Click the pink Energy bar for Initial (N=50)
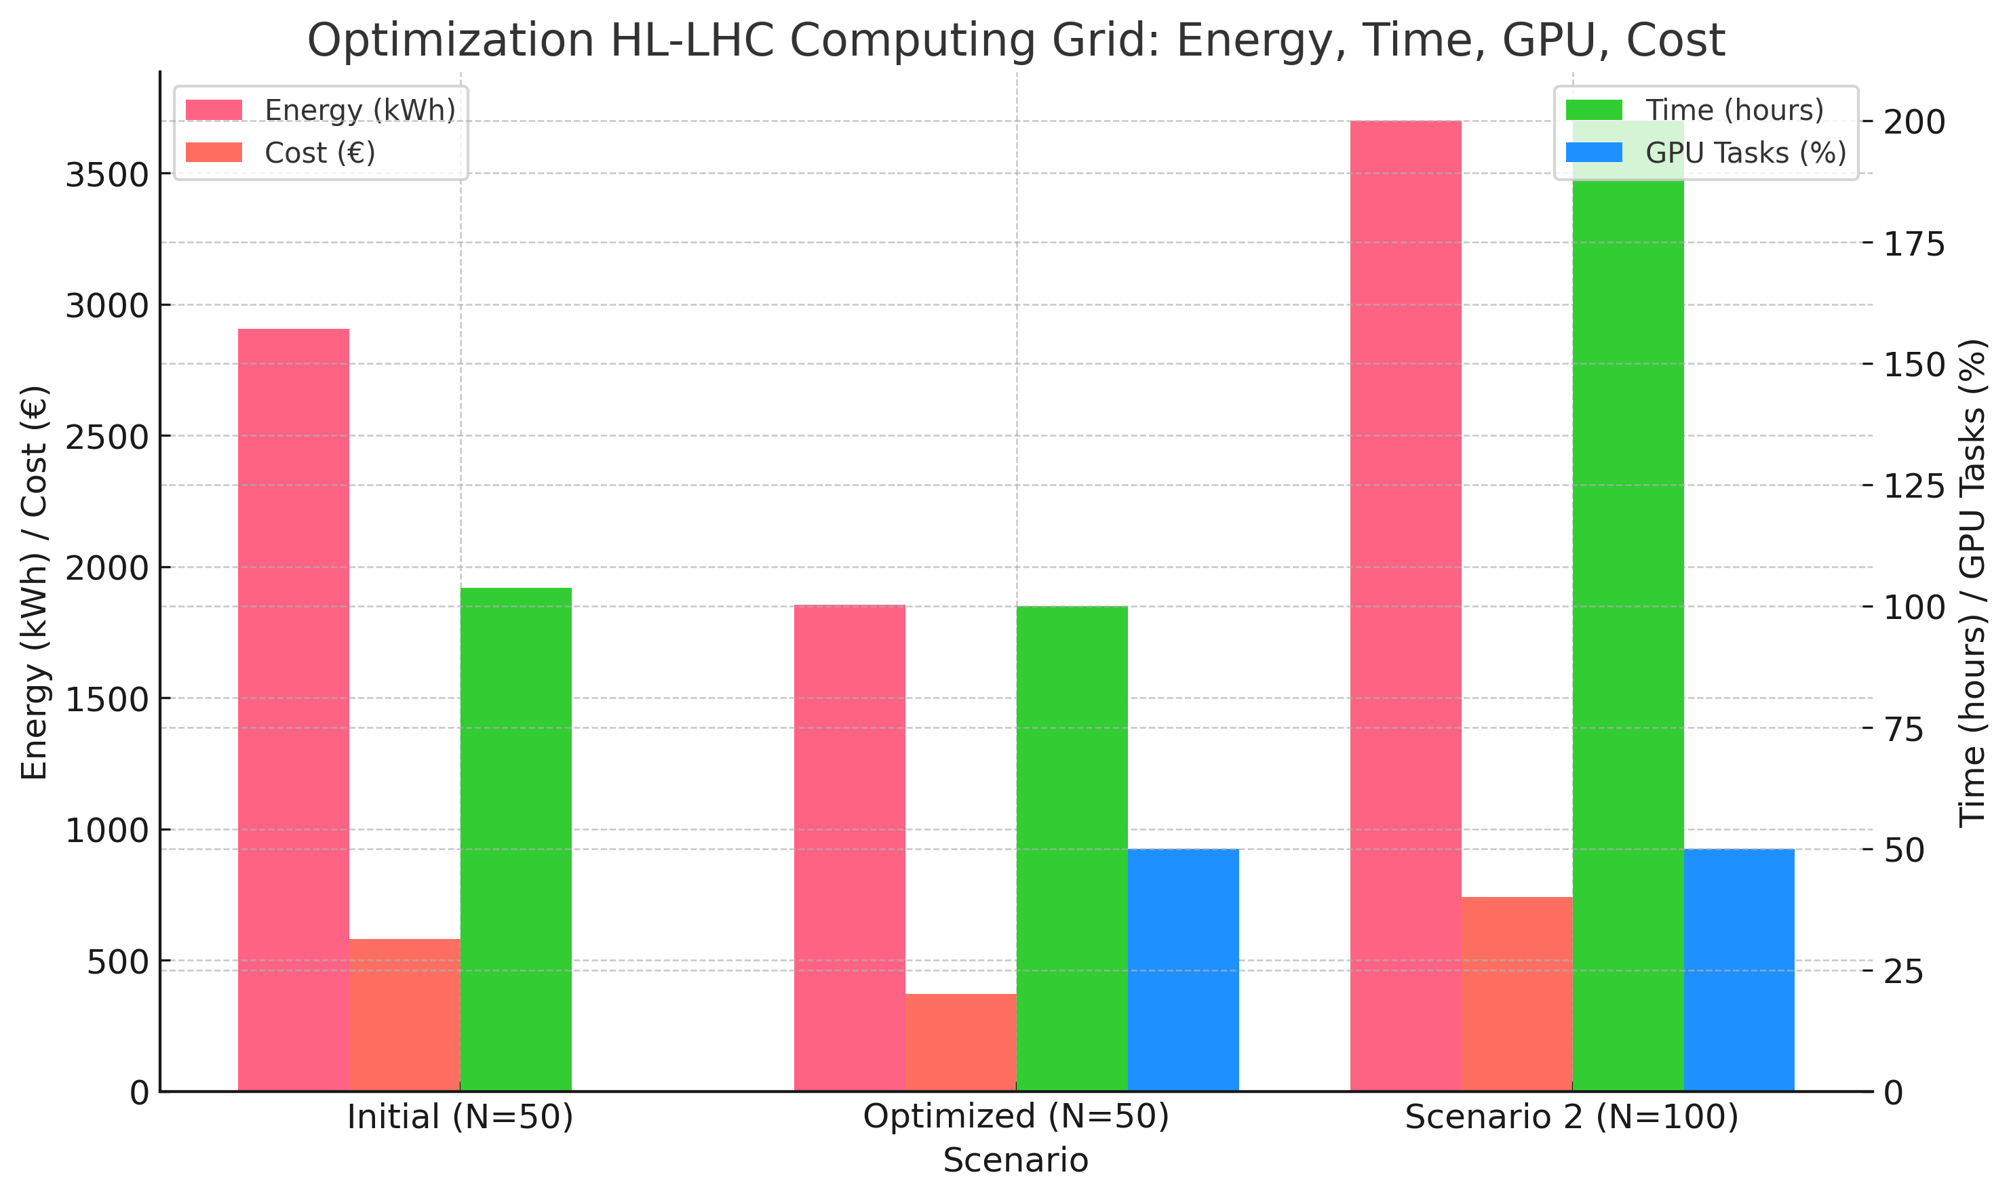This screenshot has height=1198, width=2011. (293, 711)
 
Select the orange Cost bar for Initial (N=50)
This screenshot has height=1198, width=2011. (405, 1015)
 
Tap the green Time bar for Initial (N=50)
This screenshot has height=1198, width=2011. (516, 839)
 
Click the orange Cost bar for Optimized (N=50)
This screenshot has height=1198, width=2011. (961, 1042)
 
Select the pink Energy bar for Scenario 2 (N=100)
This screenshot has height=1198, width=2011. (1406, 605)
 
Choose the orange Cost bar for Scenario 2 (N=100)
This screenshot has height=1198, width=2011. (1517, 994)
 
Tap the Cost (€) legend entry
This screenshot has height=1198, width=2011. (320, 153)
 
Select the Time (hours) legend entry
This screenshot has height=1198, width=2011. (1734, 111)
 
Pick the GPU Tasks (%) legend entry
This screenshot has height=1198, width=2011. (1745, 153)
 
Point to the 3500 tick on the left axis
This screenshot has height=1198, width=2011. (107, 175)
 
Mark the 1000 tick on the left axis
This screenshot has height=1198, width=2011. (107, 831)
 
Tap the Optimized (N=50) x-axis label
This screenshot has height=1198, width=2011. (1016, 1117)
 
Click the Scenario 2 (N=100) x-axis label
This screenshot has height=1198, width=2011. (1571, 1117)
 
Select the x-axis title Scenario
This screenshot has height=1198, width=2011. (1016, 1161)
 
